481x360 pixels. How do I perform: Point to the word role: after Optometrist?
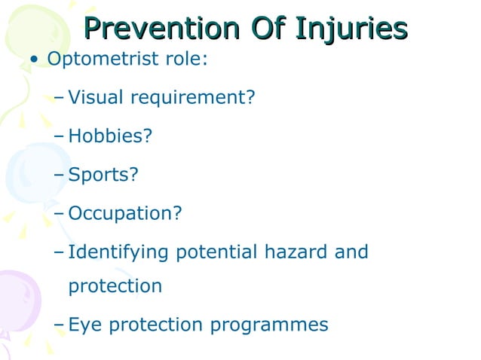pos(183,59)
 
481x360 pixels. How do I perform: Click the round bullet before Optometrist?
pos(33,60)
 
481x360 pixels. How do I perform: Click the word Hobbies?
pos(110,136)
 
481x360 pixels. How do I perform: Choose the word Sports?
pos(103,175)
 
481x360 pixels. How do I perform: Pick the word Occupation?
pos(125,213)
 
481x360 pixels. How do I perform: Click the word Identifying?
pos(119,252)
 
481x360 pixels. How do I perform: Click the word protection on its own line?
pos(115,287)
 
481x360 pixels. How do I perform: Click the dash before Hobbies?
pos(60,137)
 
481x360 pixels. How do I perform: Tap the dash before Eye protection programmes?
pos(60,325)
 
